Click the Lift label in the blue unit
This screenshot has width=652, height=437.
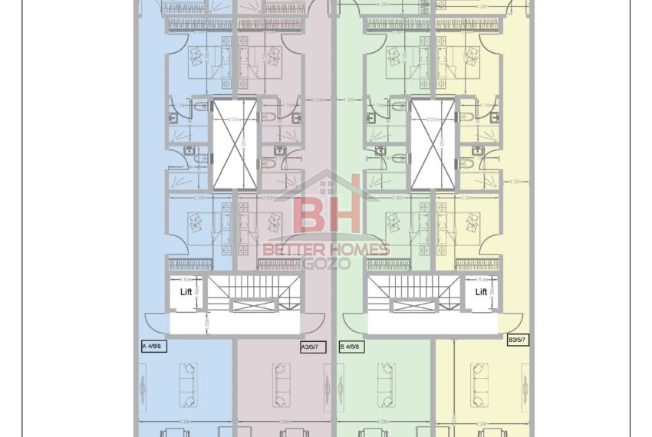[x=186, y=291]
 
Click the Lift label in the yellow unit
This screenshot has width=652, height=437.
[x=481, y=291]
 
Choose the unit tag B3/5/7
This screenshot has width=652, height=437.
[x=518, y=338]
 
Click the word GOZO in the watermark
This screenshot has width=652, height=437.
[x=328, y=263]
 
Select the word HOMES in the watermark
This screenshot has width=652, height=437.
[x=360, y=249]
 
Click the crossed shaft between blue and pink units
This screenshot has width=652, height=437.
[x=235, y=144]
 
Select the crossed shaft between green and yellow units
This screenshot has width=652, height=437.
[x=432, y=144]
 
